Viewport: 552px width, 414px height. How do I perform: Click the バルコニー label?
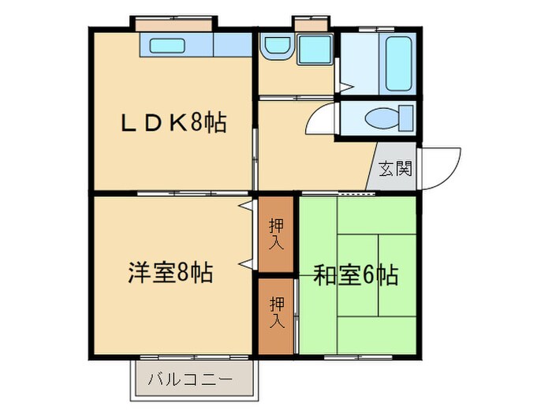click(x=190, y=379)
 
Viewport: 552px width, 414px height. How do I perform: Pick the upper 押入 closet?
click(x=275, y=233)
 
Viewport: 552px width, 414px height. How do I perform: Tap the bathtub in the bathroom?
click(x=397, y=62)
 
